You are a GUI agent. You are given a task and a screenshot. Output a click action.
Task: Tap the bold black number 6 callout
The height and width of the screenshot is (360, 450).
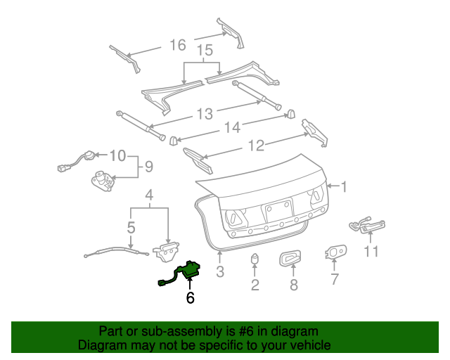coord(190,297)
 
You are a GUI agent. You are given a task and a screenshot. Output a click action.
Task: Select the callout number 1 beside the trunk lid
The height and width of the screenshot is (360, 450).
coord(344,186)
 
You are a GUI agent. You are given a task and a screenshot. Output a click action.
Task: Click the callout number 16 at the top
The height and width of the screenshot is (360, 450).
coord(178,45)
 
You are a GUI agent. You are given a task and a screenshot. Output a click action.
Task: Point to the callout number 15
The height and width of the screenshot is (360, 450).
coord(205,50)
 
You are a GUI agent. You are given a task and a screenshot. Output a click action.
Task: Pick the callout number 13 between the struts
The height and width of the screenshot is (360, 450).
coord(205,114)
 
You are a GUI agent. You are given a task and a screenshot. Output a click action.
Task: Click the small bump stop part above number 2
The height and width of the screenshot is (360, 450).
coord(255,258)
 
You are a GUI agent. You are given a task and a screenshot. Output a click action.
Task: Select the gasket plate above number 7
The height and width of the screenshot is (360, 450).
coord(336,252)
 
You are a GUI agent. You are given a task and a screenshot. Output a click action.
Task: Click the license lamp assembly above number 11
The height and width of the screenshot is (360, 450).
coord(367,226)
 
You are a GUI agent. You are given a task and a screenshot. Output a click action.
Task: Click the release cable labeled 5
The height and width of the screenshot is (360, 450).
coord(117,252)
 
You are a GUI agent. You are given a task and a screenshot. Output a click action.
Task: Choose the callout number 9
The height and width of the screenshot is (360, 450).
coord(148,167)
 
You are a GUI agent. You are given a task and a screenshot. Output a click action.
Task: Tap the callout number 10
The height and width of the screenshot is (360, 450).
coord(118,155)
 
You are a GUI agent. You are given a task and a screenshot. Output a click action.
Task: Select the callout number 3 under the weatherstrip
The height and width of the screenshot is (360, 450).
coord(220,271)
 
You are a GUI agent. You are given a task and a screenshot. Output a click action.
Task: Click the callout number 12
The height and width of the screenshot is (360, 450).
coord(256,146)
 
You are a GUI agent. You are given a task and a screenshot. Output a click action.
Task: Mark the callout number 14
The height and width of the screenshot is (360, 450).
coord(232,127)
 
